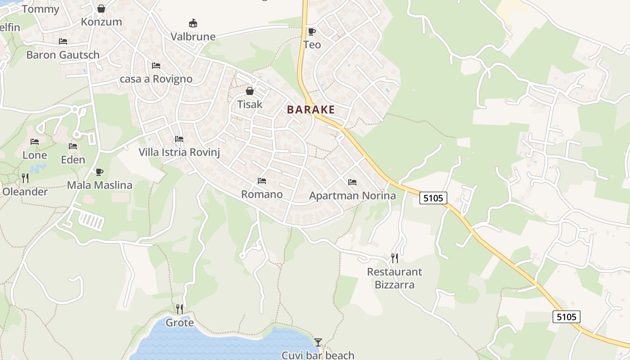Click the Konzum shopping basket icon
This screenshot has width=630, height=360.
101,9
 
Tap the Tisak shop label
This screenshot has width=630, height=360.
250,104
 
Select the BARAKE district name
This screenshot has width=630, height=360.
311,109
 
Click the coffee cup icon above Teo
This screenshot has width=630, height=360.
311,31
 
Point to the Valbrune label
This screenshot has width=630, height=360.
193,36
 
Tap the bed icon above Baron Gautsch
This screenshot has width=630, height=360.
63,41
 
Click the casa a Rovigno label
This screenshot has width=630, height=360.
156,79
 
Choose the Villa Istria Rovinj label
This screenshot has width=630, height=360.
179,152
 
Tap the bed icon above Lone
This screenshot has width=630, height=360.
35,142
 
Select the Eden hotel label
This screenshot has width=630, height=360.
73,160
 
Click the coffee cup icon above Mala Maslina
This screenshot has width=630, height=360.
99,172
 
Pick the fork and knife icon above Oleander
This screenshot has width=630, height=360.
25,178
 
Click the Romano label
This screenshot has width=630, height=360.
262,194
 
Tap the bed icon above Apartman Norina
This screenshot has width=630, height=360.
352,182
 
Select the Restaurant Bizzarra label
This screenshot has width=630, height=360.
395,278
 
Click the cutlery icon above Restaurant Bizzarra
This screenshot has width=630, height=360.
395,258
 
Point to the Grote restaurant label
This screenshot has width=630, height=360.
180,323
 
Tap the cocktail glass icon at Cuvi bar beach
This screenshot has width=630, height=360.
318,342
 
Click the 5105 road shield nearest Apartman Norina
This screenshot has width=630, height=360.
433,198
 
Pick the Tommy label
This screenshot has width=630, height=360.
40,9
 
